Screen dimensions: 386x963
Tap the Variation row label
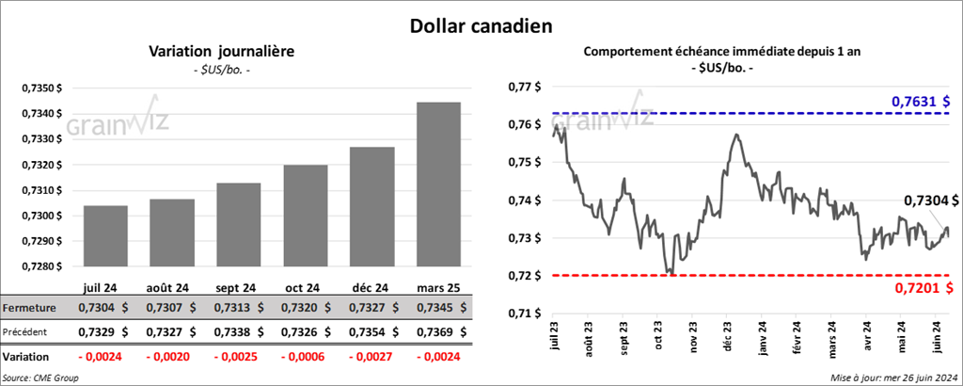[26, 358]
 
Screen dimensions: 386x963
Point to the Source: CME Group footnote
[40, 377]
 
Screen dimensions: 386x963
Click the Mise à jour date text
[894, 377]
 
